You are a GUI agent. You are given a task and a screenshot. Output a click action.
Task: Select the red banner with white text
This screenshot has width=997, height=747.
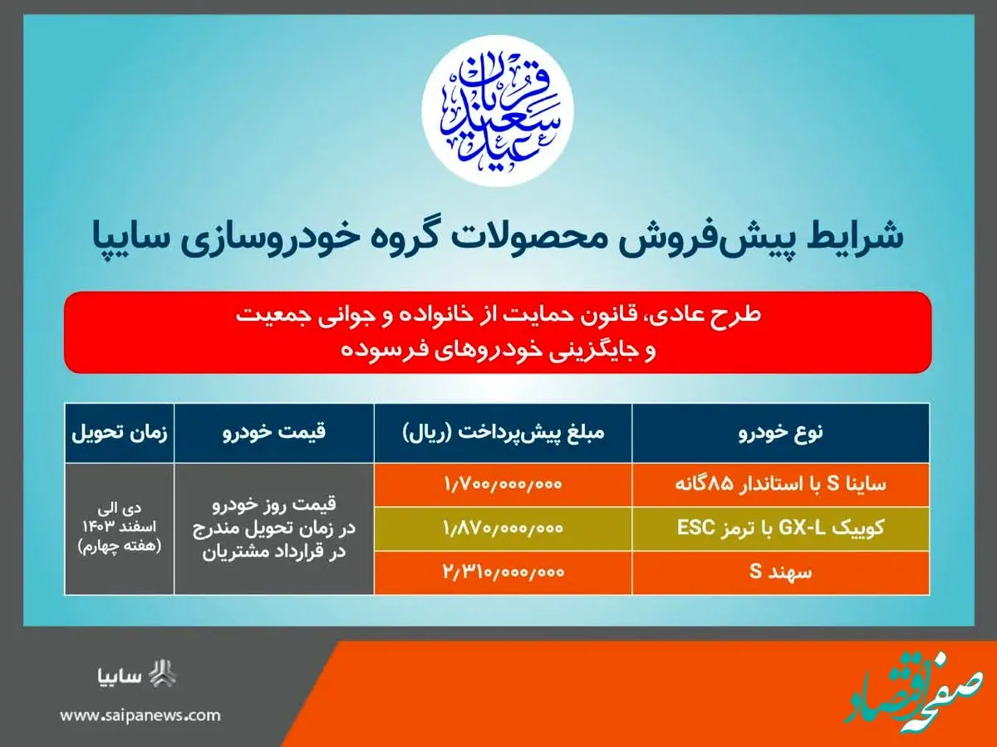click(498, 332)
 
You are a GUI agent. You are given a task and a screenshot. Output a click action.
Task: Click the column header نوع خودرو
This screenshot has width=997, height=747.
click(780, 432)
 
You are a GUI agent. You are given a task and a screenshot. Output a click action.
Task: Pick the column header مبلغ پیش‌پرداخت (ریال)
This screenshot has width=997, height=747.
click(503, 432)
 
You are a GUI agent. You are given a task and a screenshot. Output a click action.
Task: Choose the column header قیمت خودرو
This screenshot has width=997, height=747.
click(273, 432)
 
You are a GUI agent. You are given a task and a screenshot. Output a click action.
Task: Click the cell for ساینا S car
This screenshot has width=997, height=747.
click(780, 484)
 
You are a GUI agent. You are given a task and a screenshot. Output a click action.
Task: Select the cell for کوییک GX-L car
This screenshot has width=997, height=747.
click(780, 528)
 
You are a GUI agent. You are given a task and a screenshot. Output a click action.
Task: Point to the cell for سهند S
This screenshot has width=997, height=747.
click(780, 573)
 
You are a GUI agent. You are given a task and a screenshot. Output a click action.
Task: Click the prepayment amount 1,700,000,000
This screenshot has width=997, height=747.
click(503, 484)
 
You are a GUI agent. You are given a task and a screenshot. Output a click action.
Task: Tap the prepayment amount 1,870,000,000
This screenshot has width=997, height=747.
click(503, 528)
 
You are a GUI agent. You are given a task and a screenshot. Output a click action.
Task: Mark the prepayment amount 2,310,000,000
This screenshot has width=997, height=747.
click(503, 573)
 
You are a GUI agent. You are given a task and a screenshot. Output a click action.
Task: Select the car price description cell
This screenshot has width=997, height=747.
click(273, 528)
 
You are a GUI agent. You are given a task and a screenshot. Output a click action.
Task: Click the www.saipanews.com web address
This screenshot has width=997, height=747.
click(140, 715)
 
